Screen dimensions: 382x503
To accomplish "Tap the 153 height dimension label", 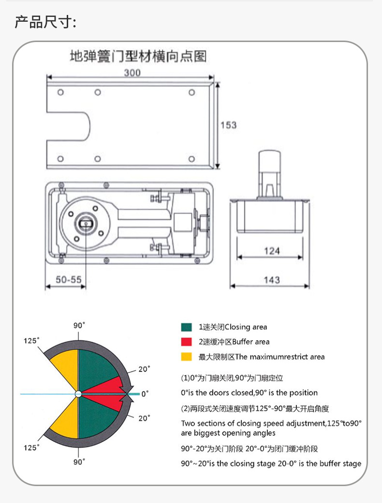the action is tap(228, 125).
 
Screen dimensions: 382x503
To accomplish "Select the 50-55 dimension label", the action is tap(68, 279).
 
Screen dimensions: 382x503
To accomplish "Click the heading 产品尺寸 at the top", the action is tap(45, 22).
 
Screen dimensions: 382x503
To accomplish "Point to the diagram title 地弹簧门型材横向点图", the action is tap(138, 57).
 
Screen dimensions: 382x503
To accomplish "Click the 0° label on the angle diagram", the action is tap(145, 394).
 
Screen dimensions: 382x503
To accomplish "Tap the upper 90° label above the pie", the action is tap(79, 325).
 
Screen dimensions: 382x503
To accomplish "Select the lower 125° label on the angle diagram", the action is tap(31, 447).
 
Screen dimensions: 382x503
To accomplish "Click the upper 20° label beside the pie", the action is tap(144, 369).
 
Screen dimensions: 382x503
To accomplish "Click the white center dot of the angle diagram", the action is tap(78, 394).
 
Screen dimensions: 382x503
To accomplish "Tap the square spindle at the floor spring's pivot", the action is tap(86, 223).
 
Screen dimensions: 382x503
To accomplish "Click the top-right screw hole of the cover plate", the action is tap(192, 92).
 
